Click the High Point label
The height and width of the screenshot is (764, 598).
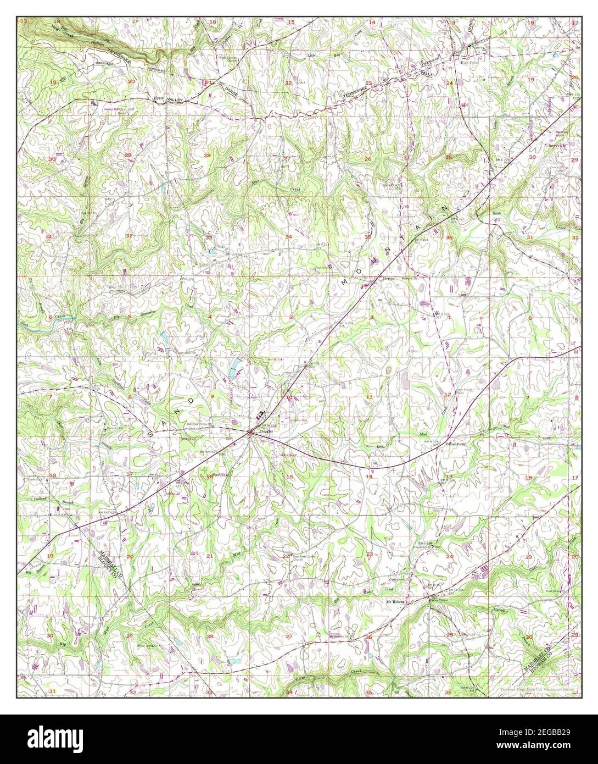pyautogui.click(x=470, y=63)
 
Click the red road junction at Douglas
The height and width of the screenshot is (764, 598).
pyautogui.click(x=249, y=432)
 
